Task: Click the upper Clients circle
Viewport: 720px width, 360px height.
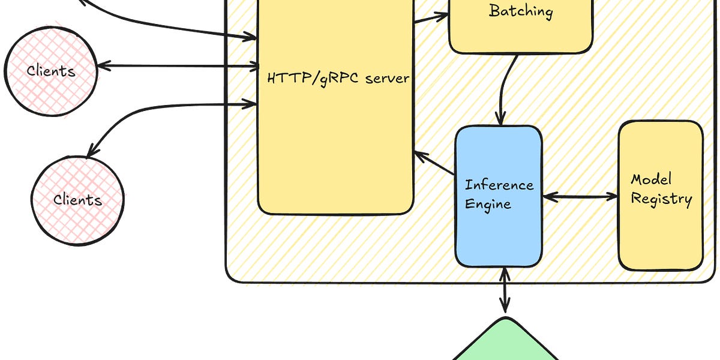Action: point(51,71)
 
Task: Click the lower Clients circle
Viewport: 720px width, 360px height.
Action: point(78,201)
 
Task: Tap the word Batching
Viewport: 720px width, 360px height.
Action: point(521,11)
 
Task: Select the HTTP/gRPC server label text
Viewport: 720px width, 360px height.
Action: point(338,79)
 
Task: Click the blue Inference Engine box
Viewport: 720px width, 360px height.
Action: point(499,196)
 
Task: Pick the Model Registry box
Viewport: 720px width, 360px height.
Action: point(661,196)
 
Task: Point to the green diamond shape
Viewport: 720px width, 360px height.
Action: point(505,341)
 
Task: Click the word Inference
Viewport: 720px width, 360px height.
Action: point(499,185)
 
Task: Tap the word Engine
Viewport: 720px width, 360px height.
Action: point(488,205)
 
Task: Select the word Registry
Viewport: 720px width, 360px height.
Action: point(661,199)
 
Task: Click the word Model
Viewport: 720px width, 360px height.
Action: point(651,179)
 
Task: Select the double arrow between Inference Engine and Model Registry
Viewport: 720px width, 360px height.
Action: point(580,196)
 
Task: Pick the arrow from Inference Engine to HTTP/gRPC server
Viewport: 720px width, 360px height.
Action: point(434,163)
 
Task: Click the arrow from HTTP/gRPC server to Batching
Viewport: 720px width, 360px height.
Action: point(431,18)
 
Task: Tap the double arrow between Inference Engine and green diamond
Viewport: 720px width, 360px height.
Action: point(505,290)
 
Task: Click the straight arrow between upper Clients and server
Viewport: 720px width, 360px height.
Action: point(178,66)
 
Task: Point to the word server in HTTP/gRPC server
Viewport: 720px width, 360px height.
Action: point(388,79)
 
